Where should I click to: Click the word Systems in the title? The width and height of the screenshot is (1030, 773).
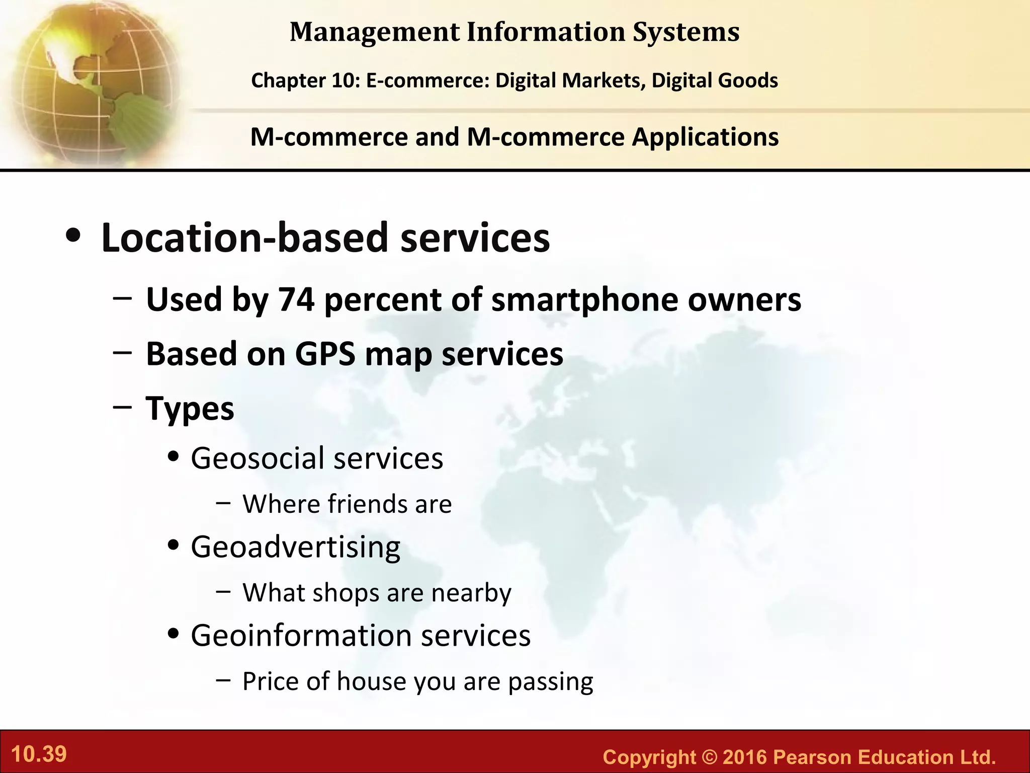[686, 32]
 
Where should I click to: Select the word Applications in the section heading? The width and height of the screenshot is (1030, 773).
[705, 137]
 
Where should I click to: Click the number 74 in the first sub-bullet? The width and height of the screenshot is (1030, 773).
[296, 300]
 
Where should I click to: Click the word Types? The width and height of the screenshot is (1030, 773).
[190, 408]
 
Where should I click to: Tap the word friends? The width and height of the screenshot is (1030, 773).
[369, 504]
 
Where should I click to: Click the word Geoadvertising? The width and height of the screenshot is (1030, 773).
[296, 547]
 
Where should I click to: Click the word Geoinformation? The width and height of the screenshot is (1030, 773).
[301, 636]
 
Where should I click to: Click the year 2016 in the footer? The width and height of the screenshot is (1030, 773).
[744, 757]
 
